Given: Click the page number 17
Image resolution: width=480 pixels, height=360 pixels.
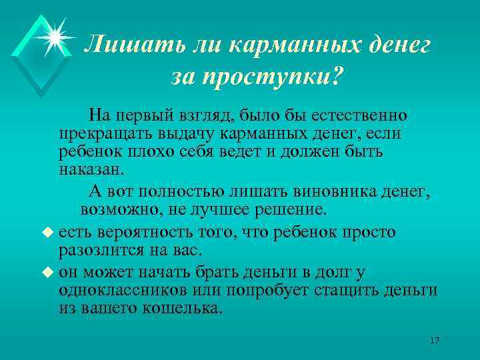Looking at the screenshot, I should pyautogui.click(x=435, y=341).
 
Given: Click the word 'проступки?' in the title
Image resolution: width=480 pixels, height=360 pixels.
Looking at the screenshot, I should pyautogui.click(x=288, y=77).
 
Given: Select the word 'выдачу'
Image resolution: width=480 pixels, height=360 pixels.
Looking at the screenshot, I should pyautogui.click(x=182, y=135).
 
